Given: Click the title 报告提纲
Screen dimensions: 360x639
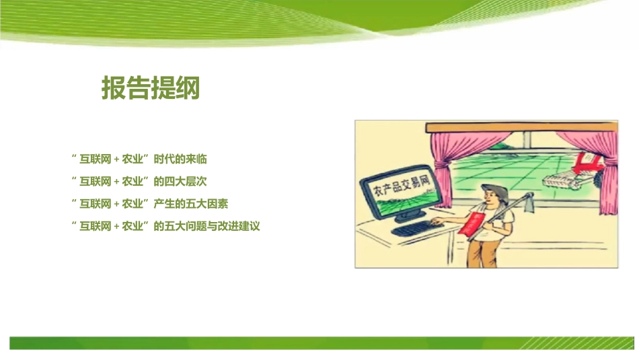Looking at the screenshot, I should (151, 87).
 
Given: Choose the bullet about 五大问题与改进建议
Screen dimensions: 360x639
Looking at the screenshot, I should (165, 226).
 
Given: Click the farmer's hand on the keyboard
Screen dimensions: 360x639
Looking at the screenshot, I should (434, 223).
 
